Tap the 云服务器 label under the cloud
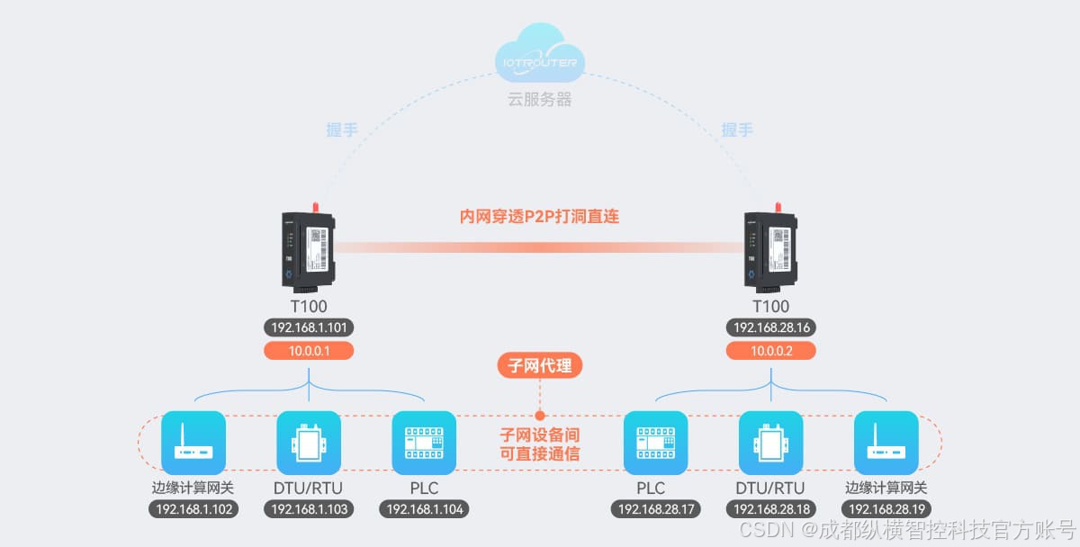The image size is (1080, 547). pyautogui.click(x=540, y=99)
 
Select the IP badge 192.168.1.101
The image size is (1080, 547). pyautogui.click(x=309, y=327)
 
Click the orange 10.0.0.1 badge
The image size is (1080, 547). pyautogui.click(x=309, y=351)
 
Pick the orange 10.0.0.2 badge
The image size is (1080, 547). pyautogui.click(x=771, y=351)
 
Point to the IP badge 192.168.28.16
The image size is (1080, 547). pyautogui.click(x=771, y=327)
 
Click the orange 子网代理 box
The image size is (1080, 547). pyautogui.click(x=540, y=365)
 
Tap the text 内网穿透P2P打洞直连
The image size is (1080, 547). pyautogui.click(x=540, y=217)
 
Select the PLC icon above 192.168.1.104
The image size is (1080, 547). pyautogui.click(x=425, y=443)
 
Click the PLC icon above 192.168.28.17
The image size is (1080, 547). pyautogui.click(x=655, y=443)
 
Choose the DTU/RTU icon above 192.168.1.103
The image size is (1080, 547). pyautogui.click(x=309, y=443)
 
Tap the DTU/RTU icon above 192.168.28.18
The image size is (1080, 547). pyautogui.click(x=771, y=443)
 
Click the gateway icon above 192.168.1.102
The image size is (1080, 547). pyautogui.click(x=193, y=443)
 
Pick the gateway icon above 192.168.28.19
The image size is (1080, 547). pyautogui.click(x=886, y=443)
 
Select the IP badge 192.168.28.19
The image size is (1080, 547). pyautogui.click(x=886, y=509)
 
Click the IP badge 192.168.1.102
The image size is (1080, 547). pyautogui.click(x=193, y=509)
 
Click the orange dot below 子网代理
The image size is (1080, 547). pyautogui.click(x=540, y=416)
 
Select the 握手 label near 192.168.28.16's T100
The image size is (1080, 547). pyautogui.click(x=737, y=130)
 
